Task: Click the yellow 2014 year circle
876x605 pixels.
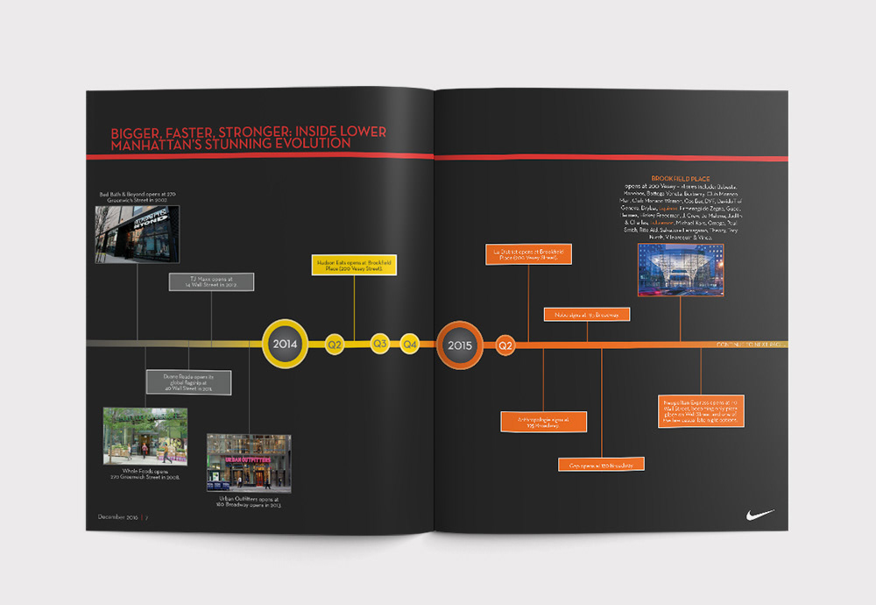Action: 286,344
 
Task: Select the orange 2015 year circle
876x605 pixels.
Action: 460,345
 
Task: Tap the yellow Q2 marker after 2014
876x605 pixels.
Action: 335,345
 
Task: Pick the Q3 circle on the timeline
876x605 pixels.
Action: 380,344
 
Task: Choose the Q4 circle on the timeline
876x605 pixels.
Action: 409,344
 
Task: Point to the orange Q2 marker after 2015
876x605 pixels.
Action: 505,345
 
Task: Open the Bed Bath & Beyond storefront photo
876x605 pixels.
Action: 138,234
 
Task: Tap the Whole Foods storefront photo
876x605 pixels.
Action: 145,437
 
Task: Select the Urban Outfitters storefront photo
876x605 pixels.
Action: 249,463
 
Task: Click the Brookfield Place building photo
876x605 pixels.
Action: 681,270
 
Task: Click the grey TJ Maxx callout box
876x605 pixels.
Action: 210,281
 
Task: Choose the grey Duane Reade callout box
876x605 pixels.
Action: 188,382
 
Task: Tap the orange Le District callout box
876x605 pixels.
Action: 528,254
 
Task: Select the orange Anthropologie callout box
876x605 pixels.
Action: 543,421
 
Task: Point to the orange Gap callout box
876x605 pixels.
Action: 601,464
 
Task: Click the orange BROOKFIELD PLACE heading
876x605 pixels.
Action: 681,179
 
